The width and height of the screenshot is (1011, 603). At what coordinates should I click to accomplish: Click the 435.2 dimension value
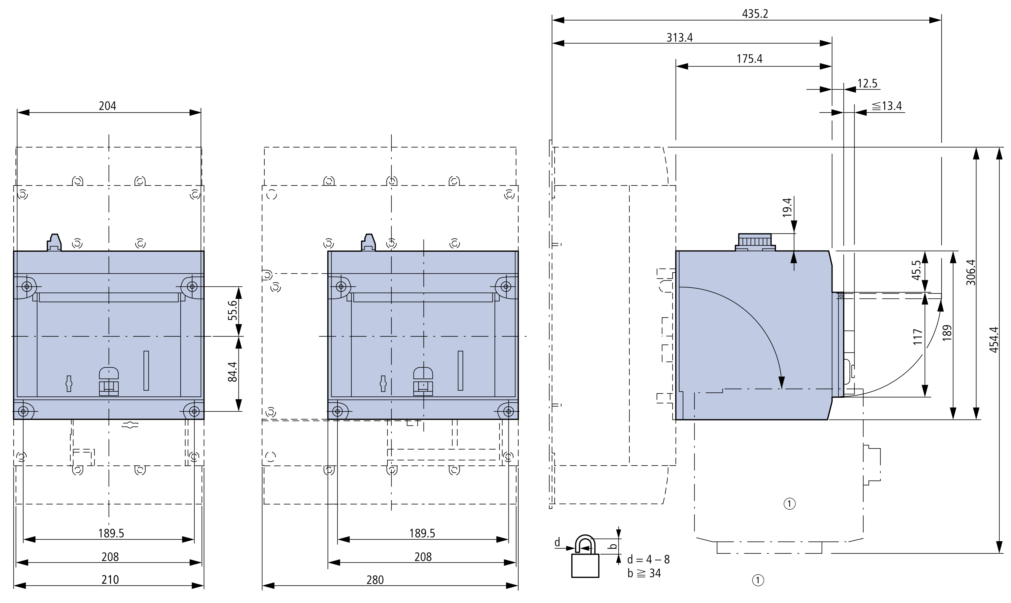tap(755, 14)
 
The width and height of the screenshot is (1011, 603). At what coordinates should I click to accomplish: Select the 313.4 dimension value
tap(679, 38)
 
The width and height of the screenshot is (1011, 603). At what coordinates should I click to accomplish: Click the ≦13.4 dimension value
tap(887, 106)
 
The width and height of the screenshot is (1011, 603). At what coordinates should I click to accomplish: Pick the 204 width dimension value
tap(108, 106)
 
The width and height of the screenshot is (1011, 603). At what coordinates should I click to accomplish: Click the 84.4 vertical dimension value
tap(232, 372)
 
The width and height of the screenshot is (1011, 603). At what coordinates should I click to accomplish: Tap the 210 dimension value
tap(110, 579)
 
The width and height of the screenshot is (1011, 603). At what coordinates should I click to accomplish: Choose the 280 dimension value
tap(375, 579)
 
